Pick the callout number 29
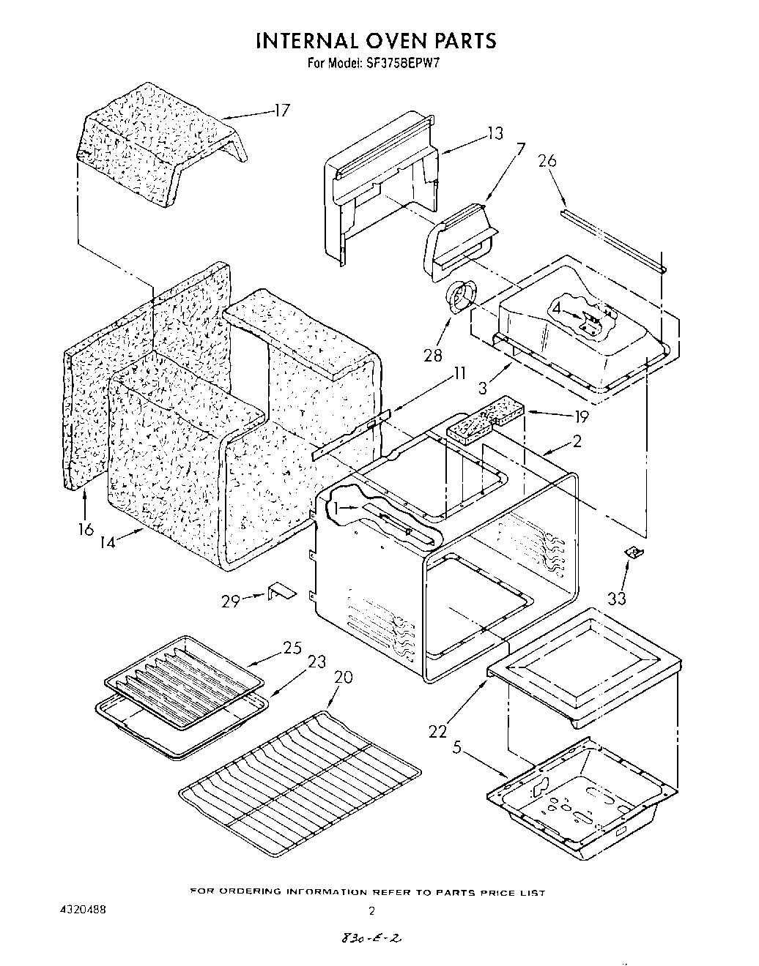[x=231, y=601]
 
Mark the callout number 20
[x=343, y=678]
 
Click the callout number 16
[x=86, y=529]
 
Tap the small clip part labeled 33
[x=634, y=554]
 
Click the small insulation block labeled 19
[x=483, y=420]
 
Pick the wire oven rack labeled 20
[x=300, y=787]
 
